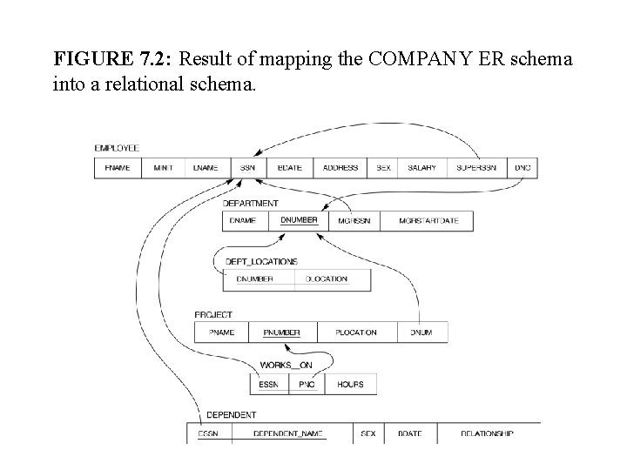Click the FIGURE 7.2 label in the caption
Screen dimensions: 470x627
pyautogui.click(x=112, y=60)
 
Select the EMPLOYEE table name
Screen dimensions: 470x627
pyautogui.click(x=117, y=148)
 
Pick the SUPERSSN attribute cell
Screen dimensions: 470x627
pyautogui.click(x=476, y=168)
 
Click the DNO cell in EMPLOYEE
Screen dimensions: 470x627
pyautogui.click(x=522, y=168)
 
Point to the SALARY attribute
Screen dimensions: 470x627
pyautogui.click(x=421, y=168)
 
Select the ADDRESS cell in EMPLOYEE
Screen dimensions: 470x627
pyautogui.click(x=340, y=168)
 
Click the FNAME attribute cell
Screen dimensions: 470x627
pyautogui.click(x=117, y=168)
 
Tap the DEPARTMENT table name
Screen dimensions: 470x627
pyautogui.click(x=251, y=203)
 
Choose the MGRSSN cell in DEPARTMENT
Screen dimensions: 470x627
pyautogui.click(x=354, y=221)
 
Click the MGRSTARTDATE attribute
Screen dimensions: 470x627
pyautogui.click(x=428, y=221)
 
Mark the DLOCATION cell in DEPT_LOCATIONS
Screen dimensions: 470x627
pyautogui.click(x=327, y=279)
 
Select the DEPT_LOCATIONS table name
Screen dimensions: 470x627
pyautogui.click(x=261, y=261)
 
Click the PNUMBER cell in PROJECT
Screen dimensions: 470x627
pyautogui.click(x=282, y=332)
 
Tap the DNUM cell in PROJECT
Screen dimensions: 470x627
pyautogui.click(x=421, y=332)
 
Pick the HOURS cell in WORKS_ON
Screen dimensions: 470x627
pyautogui.click(x=350, y=383)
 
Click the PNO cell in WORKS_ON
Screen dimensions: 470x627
pyautogui.click(x=307, y=383)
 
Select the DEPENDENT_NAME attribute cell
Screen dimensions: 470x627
pyautogui.click(x=287, y=433)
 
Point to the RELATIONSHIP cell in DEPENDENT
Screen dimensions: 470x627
pyautogui.click(x=487, y=433)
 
